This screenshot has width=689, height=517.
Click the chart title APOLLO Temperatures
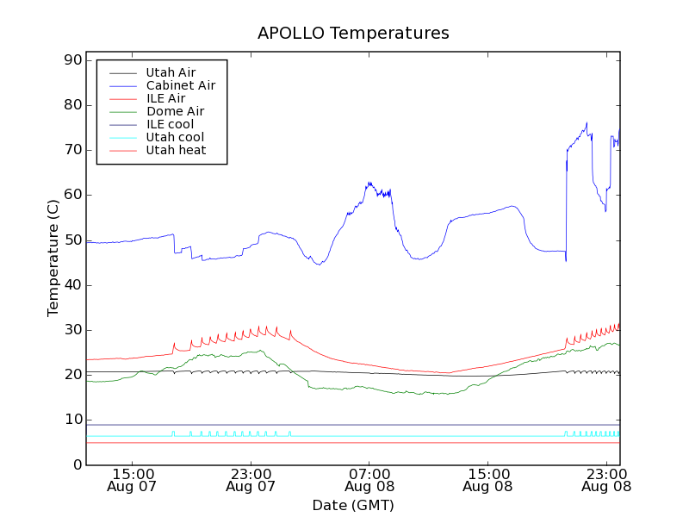(x=353, y=34)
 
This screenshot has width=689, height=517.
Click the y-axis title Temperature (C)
(x=53, y=263)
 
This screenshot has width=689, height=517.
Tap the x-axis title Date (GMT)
(x=353, y=505)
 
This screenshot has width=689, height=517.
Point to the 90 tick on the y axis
(x=71, y=60)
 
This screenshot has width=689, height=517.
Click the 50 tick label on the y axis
(x=71, y=240)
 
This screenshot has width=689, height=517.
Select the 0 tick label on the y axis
(x=77, y=465)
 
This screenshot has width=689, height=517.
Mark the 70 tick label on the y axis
(x=71, y=150)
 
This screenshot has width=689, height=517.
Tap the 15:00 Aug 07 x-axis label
(x=133, y=479)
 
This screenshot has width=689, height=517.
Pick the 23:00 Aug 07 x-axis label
(x=251, y=479)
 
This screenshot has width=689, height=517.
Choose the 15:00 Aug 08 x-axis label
(x=487, y=479)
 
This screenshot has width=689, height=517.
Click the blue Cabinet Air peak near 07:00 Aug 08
(x=369, y=183)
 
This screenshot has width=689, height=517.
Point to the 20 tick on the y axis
(x=71, y=375)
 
